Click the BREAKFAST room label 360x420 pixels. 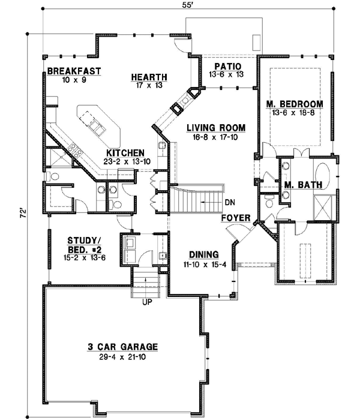[x=74, y=71]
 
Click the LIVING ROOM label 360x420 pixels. [x=215, y=127]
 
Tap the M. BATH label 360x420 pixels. [x=304, y=184]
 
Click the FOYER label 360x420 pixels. [x=235, y=217]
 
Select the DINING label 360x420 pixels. [x=203, y=254]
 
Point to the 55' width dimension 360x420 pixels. [x=188, y=5]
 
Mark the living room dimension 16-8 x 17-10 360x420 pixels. [x=215, y=136]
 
